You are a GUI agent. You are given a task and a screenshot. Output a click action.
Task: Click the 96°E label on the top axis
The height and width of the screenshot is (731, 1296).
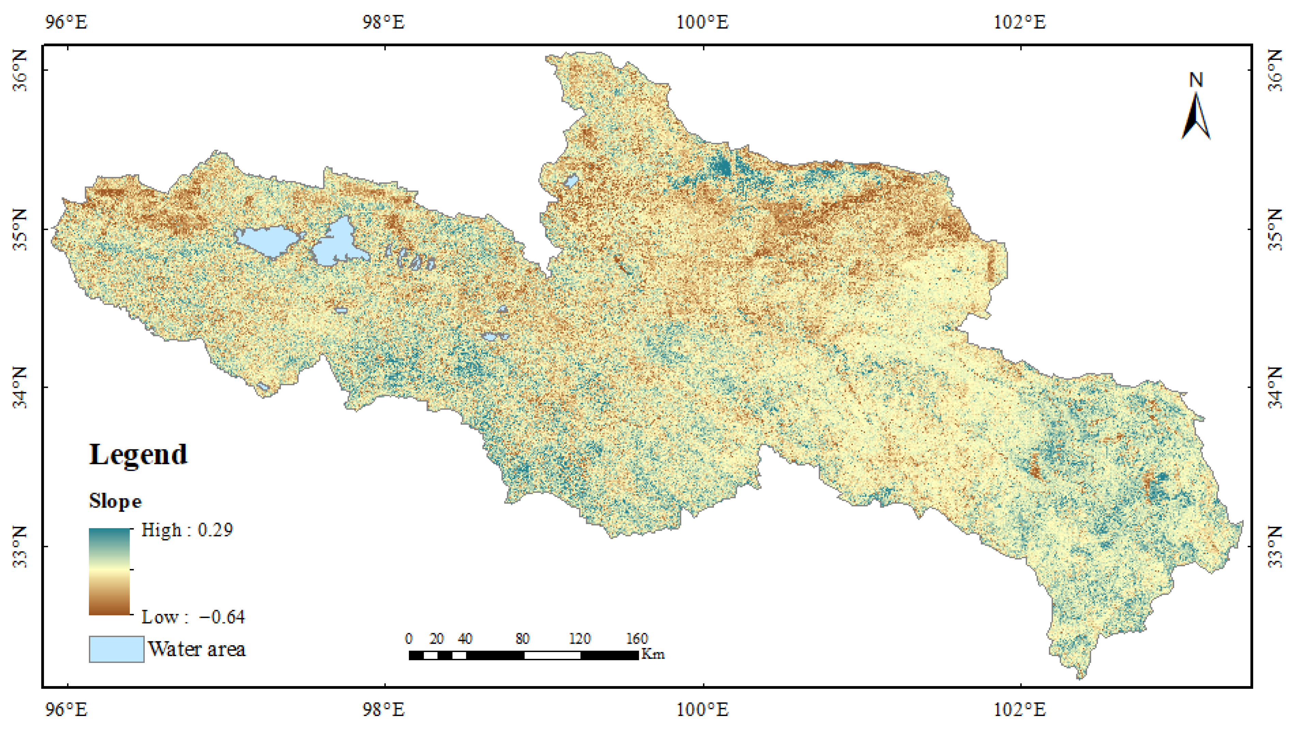(x=66, y=22)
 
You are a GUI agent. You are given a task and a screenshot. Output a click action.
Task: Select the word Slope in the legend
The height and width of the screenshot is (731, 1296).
(x=115, y=501)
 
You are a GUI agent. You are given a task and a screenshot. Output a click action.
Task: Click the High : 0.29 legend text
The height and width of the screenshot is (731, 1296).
(x=187, y=530)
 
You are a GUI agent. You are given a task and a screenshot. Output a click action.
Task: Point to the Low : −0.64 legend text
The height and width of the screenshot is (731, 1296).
(x=193, y=617)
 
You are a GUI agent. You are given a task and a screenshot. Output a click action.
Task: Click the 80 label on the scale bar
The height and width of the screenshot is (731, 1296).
(x=522, y=639)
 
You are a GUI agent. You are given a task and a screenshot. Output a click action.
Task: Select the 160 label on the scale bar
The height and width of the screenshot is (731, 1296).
(x=637, y=639)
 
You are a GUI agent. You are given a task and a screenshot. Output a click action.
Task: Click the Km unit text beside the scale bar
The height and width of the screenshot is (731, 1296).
(x=653, y=654)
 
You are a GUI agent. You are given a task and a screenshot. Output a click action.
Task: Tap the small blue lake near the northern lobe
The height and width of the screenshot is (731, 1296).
(x=571, y=181)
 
